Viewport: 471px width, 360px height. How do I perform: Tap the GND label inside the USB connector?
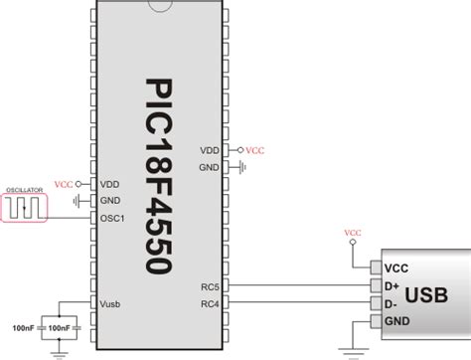click(x=397, y=320)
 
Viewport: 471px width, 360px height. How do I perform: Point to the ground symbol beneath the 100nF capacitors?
click(x=61, y=350)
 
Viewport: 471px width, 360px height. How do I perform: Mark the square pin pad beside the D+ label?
click(x=375, y=285)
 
